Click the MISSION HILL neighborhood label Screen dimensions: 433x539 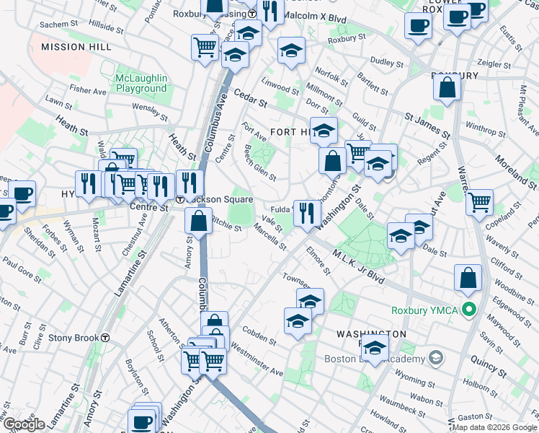tap(76, 46)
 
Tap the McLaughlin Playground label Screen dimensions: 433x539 tap(141, 83)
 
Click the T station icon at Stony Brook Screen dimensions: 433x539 tap(106, 338)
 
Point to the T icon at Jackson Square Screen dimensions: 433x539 tap(179, 200)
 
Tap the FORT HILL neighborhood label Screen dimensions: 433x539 tap(291, 132)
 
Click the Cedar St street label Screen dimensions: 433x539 tap(251, 98)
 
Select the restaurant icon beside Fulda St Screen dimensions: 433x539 tap(307, 213)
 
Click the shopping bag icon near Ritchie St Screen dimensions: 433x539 tap(199, 222)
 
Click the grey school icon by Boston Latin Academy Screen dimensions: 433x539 tap(435, 358)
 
